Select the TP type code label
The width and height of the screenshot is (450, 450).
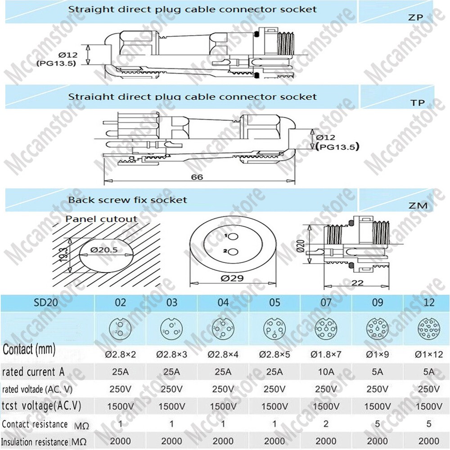coord(418,103)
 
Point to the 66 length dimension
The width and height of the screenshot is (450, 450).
coord(197,177)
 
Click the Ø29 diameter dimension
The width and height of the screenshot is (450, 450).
coord(232,278)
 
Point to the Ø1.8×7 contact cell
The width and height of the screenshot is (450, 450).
coord(325,354)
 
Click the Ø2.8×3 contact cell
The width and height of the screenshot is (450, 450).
coord(172,354)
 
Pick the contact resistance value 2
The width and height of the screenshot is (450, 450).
coord(325,424)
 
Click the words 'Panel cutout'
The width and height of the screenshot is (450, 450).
coord(102,219)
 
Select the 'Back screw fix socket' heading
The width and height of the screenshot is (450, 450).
coord(127,199)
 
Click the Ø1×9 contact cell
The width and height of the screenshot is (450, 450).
coord(377,354)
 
